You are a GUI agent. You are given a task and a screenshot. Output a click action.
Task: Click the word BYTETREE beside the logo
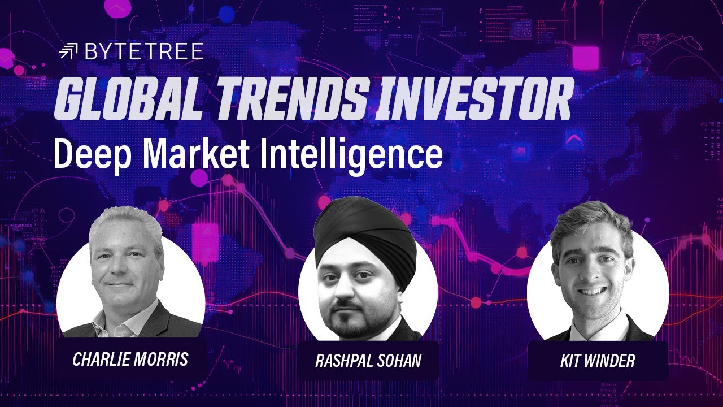[x=143, y=52]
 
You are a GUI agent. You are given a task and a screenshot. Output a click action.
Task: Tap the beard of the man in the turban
[x=361, y=322]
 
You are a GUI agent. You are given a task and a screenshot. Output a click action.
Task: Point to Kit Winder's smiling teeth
[x=591, y=291]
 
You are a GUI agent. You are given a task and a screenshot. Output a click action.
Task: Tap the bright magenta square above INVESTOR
[x=585, y=58]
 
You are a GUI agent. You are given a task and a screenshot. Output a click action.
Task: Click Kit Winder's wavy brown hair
[x=590, y=220]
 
